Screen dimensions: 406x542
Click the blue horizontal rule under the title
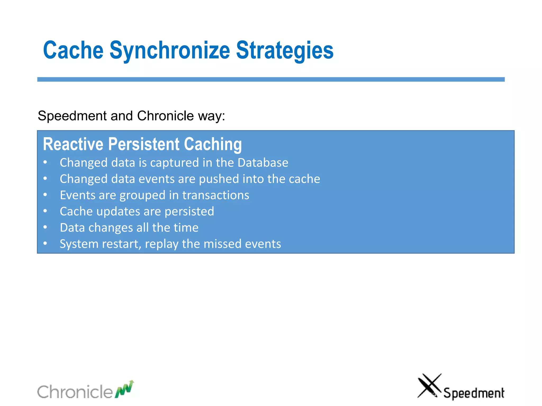[271, 79]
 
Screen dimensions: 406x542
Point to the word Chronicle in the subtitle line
[165, 116]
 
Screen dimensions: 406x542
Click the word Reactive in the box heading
[73, 144]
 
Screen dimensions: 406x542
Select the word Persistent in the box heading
[144, 144]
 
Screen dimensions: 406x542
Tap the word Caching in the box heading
[213, 144]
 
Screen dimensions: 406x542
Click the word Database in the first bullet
[263, 163]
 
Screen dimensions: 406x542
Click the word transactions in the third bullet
[216, 195]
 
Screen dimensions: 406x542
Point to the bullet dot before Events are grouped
[45, 195]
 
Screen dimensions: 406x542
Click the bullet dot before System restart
[45, 243]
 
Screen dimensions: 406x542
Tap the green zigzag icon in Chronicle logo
[124, 389]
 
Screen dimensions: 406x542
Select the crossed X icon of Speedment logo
[429, 385]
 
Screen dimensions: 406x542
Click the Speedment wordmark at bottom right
[474, 393]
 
